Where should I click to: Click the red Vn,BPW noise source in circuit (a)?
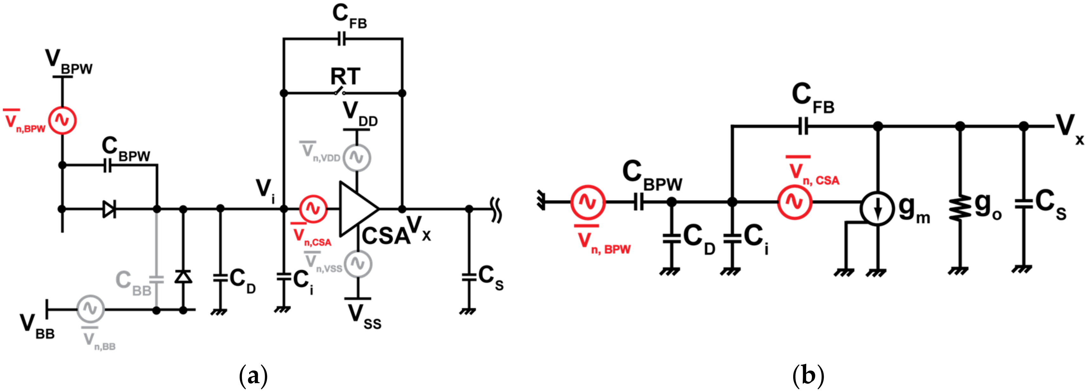pyautogui.click(x=62, y=120)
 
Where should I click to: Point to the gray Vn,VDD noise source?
pyautogui.click(x=357, y=157)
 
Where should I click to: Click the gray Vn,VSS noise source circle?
pyautogui.click(x=358, y=264)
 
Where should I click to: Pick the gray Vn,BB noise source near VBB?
pyautogui.click(x=90, y=309)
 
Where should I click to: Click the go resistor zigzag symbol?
pyautogui.click(x=960, y=207)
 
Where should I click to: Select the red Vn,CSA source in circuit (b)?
pyautogui.click(x=795, y=202)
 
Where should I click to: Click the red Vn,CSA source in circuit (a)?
pyautogui.click(x=313, y=208)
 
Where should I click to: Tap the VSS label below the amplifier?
pyautogui.click(x=364, y=317)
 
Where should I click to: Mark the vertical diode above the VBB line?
pyautogui.click(x=183, y=277)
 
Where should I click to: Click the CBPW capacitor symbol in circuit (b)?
pyautogui.click(x=638, y=202)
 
